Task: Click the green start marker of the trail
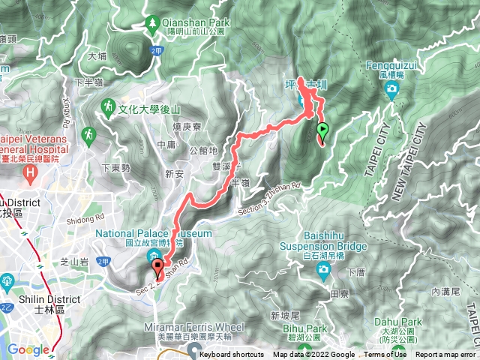(x=322, y=130)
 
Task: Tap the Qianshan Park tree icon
(x=154, y=24)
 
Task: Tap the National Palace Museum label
(x=154, y=233)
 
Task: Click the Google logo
(x=28, y=349)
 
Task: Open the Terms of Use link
(x=385, y=355)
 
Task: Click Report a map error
(x=445, y=355)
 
